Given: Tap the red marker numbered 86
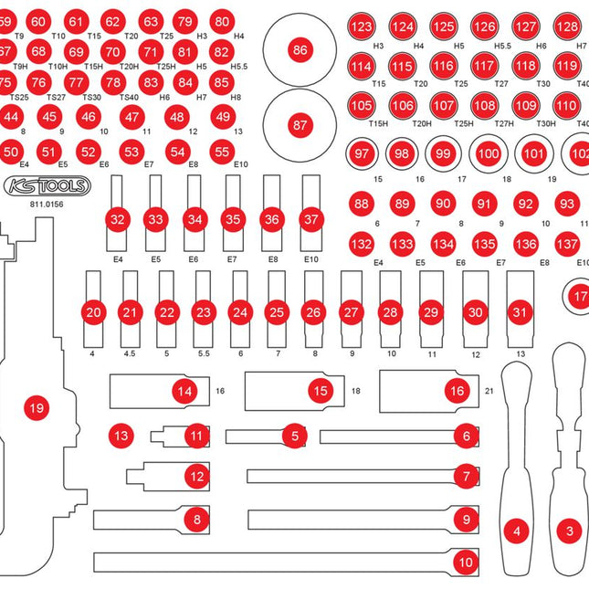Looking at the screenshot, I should tap(300, 51).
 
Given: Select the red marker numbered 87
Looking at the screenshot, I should tap(300, 124).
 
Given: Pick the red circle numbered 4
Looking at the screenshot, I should tap(518, 530).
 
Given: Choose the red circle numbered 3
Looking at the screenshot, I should tap(571, 530).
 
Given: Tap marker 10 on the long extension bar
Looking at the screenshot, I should tap(466, 562).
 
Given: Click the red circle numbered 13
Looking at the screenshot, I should tap(121, 436).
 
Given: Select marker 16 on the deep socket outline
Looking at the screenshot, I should tap(457, 391).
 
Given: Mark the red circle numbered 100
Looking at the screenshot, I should tap(489, 154).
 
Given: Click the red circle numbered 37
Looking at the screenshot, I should tap(311, 219).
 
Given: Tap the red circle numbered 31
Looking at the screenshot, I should tap(521, 311).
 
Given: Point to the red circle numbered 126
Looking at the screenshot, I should tap(484, 27).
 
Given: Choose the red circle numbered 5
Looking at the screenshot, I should tap(293, 436).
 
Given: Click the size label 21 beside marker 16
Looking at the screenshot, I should tap(489, 391).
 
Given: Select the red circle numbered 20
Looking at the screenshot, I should tap(92, 312).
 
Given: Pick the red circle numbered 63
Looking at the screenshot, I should tap(150, 21).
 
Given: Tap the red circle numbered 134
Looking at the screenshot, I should tap(444, 244).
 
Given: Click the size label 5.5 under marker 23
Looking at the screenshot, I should tap(203, 353).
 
